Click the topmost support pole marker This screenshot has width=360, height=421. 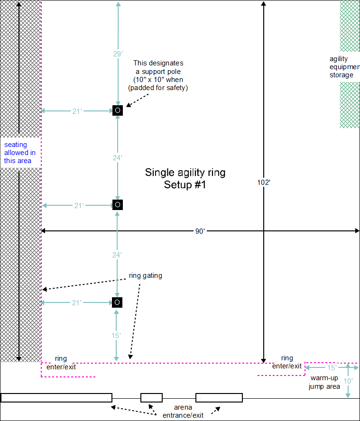click(118, 110)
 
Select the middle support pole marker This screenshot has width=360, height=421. click(118, 205)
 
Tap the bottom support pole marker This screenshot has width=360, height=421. click(118, 302)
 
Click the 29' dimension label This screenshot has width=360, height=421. click(118, 54)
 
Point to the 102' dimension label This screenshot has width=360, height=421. click(264, 182)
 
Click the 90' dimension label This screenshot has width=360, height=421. click(200, 231)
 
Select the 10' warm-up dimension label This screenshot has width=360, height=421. click(348, 381)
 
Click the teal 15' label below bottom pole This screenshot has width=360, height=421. click(117, 335)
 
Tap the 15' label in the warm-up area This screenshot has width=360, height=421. click(332, 367)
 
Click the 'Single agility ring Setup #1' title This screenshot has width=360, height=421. click(185, 178)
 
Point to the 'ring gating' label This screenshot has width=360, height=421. click(146, 275)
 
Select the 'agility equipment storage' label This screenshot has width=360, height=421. click(342, 67)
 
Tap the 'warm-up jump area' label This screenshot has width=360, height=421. click(325, 383)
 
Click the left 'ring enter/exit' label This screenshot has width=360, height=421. click(61, 363)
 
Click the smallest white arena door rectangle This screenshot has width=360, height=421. click(151, 397)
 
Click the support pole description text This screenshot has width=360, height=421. click(158, 75)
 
